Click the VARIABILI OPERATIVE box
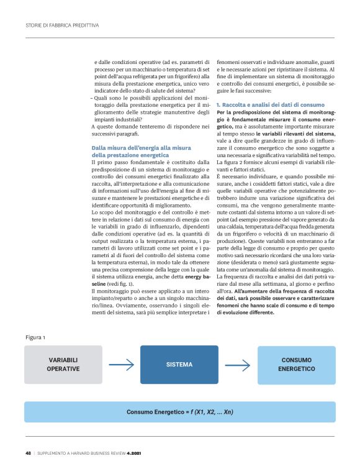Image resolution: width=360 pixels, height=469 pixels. [63, 365]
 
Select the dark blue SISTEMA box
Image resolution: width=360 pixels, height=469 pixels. [179, 365]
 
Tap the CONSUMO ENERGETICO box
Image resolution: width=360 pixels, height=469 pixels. [296, 365]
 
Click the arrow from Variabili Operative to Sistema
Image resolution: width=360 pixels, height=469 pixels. [120, 365]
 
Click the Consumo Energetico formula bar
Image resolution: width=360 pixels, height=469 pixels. [179, 412]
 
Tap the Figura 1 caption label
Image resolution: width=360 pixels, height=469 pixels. [35, 337]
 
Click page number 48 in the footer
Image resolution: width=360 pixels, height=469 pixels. [29, 452]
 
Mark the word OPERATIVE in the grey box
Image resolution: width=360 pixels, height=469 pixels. [63, 369]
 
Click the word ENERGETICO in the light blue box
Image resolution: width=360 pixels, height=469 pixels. [296, 369]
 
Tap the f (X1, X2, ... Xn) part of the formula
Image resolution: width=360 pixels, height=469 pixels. [207, 412]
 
